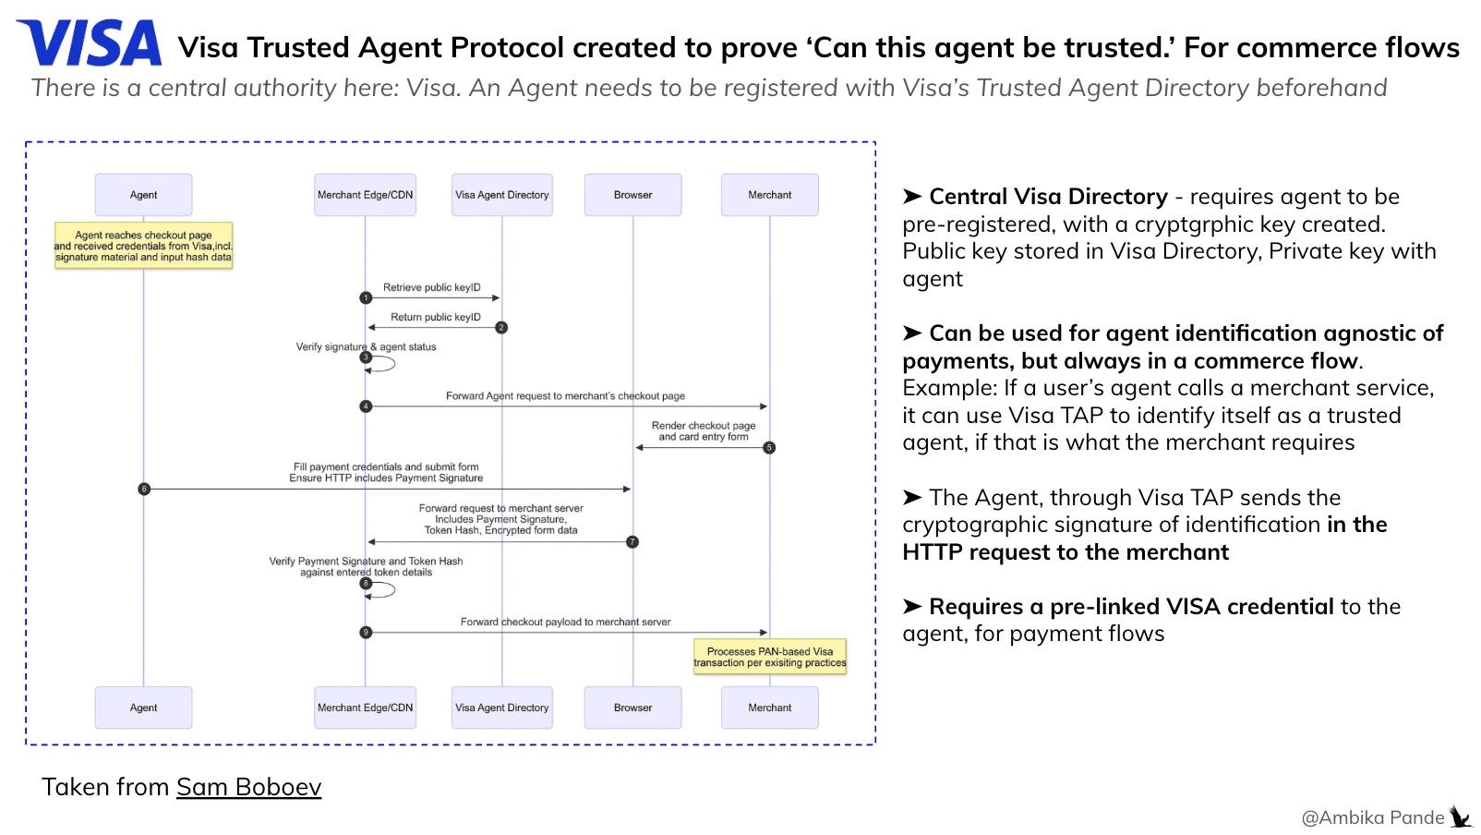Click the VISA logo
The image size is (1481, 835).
[90, 43]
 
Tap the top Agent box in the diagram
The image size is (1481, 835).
[143, 195]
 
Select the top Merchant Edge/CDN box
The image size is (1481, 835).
[365, 195]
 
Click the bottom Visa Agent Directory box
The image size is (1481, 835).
[501, 708]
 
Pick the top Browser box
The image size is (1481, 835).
[632, 195]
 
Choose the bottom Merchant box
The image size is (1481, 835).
[770, 708]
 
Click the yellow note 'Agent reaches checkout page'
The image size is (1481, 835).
[143, 246]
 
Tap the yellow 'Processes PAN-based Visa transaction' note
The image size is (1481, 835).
[770, 657]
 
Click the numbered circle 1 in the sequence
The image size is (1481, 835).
[366, 297]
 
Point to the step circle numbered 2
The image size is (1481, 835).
[501, 328]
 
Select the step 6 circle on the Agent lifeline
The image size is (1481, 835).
[144, 489]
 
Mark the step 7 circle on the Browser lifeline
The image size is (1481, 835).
[632, 542]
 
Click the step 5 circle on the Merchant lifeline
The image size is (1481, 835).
[769, 448]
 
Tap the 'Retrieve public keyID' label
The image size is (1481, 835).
[432, 287]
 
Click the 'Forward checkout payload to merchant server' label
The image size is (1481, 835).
[565, 622]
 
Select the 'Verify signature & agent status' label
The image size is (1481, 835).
[366, 346]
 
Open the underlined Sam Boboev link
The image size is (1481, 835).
[248, 787]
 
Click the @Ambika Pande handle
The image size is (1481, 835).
[1373, 817]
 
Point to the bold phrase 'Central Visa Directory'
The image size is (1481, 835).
[1049, 197]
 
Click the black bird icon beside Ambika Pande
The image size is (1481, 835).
[1461, 817]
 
